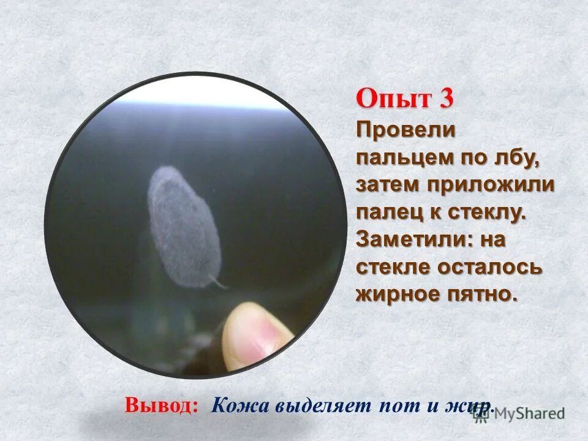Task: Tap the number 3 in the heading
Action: (x=446, y=99)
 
